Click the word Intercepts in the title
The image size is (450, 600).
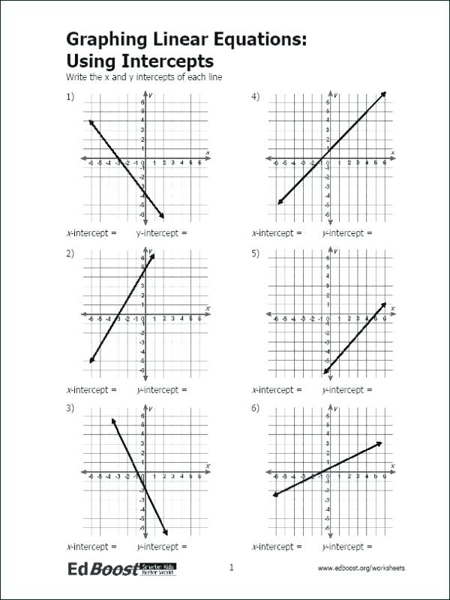tap(169, 61)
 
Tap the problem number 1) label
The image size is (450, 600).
tap(70, 97)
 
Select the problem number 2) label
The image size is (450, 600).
tap(70, 253)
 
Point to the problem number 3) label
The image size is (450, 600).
tap(70, 408)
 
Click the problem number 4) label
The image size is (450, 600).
tap(256, 97)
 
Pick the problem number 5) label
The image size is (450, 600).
tap(256, 253)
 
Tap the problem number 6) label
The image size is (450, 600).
tap(256, 408)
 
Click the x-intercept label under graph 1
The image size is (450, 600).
tap(91, 233)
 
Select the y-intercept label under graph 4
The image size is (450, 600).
tap(347, 233)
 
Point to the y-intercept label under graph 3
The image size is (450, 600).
tap(162, 547)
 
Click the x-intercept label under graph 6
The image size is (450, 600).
tap(277, 547)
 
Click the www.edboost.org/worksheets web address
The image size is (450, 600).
tap(361, 568)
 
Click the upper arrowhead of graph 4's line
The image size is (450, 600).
tap(384, 94)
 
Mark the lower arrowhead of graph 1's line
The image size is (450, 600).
tap(161, 216)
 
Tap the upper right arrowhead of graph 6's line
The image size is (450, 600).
tap(380, 443)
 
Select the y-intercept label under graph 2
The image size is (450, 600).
tap(162, 390)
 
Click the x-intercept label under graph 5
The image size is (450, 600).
tap(277, 390)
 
